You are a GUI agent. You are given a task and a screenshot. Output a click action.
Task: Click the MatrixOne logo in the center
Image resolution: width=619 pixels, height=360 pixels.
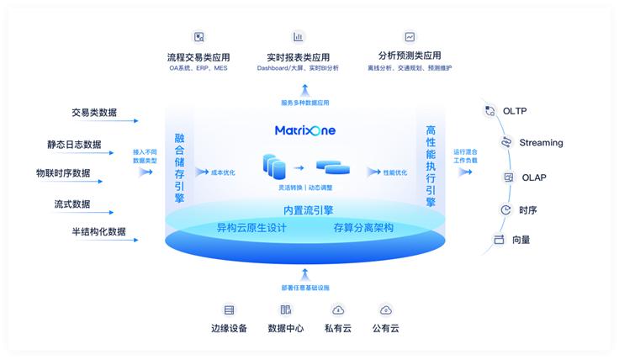tap(305, 130)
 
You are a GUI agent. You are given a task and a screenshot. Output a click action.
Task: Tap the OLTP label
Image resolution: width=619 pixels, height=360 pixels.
tap(515, 111)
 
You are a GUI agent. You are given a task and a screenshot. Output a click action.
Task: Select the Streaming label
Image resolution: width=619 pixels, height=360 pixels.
tap(541, 143)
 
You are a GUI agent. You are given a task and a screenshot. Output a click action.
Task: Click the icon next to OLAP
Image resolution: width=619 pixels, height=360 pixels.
tap(508, 177)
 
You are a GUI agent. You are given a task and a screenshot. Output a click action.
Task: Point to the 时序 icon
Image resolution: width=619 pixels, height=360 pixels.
tap(505, 210)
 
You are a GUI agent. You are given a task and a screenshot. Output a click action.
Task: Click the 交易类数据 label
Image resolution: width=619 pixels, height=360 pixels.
tap(94, 112)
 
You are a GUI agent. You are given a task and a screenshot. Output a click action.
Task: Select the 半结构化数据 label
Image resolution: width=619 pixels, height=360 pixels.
tap(98, 231)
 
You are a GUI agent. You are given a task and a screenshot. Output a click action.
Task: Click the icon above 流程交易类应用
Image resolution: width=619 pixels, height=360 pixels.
tap(198, 37)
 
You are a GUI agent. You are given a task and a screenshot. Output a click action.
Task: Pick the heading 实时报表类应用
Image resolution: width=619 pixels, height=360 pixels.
tap(298, 57)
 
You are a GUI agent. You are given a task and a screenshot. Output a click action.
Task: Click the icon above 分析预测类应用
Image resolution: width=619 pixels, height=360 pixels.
tap(410, 37)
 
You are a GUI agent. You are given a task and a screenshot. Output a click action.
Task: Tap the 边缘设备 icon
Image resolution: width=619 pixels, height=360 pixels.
tap(229, 310)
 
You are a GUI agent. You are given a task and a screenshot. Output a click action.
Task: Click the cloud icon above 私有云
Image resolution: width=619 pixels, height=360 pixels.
tap(338, 310)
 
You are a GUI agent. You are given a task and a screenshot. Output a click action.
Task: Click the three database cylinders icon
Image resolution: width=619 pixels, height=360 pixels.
tap(274, 165)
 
